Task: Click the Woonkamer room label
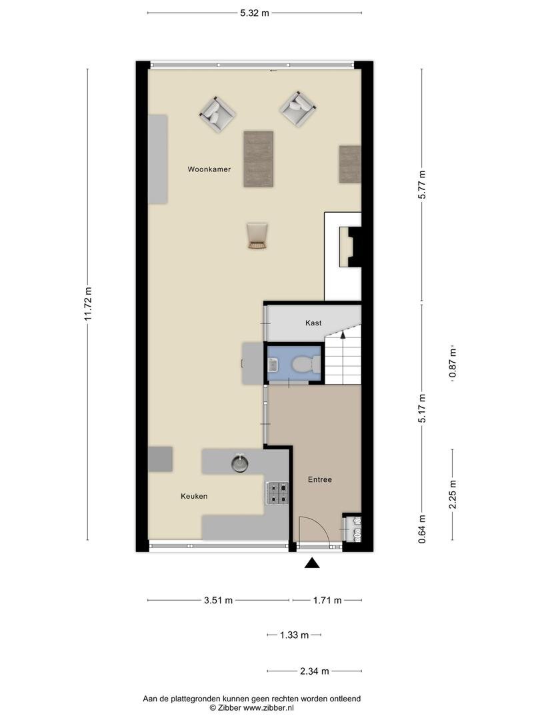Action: click(209, 169)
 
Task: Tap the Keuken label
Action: click(194, 497)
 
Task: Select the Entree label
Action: click(319, 479)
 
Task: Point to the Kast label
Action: click(313, 323)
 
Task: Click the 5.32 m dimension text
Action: click(255, 13)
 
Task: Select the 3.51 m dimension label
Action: click(218, 600)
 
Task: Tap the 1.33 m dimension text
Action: click(295, 635)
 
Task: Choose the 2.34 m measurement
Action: click(315, 671)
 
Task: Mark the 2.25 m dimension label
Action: click(453, 495)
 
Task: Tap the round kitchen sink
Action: click(240, 463)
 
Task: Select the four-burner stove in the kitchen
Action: click(277, 493)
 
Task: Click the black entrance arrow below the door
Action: click(312, 563)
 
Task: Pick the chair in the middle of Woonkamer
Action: click(257, 235)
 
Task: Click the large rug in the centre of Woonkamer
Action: click(259, 159)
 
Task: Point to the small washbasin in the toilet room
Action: click(272, 365)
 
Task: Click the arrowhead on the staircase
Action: click(343, 334)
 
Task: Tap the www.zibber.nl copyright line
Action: click(251, 708)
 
